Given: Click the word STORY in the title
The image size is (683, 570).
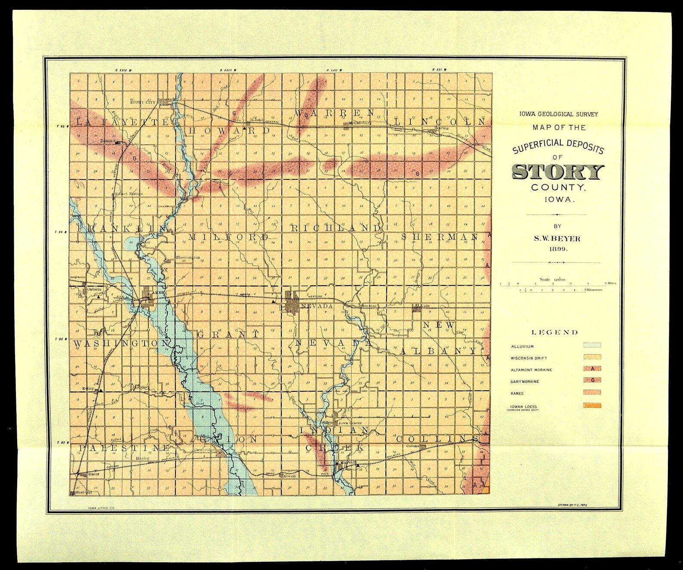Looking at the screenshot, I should click(558, 172).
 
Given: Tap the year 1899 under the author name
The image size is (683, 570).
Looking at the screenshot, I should click(557, 249).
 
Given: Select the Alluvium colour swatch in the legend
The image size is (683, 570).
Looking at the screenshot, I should click(592, 345).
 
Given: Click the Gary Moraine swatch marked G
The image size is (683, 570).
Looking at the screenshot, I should click(592, 380).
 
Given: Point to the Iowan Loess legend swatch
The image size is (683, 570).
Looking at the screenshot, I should click(592, 405).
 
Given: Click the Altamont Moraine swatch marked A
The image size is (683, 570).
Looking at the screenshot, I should click(592, 368).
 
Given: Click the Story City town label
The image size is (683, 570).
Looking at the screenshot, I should click(142, 102).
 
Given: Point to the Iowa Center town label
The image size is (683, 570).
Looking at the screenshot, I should click(350, 423).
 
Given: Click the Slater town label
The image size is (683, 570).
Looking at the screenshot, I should click(93, 474).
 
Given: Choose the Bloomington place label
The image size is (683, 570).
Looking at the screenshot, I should click(188, 258).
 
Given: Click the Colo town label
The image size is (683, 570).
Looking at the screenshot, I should click(425, 306).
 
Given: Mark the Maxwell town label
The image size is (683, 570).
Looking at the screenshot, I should click(348, 463).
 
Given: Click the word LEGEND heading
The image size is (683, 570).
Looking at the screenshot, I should click(555, 332).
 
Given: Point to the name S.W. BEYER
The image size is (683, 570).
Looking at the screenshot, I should click(557, 238).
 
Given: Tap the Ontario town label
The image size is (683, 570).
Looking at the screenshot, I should click(94, 290).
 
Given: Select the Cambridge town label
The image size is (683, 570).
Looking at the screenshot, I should click(205, 450).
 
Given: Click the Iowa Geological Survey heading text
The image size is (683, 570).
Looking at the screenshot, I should click(558, 114).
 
